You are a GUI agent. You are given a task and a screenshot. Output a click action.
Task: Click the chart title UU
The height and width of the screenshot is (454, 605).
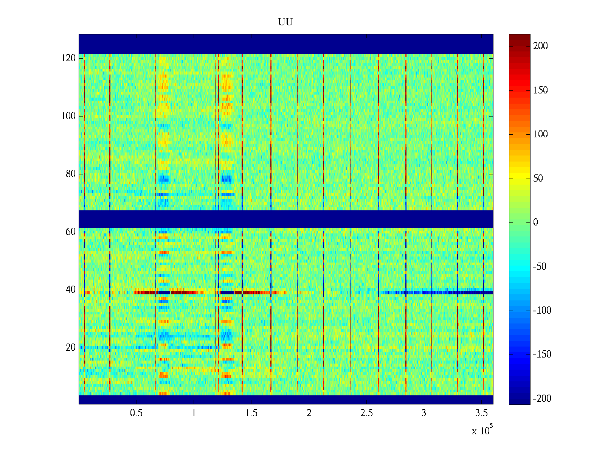click(285, 22)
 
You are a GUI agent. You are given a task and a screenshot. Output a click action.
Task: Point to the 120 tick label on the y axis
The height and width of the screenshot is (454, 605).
click(68, 58)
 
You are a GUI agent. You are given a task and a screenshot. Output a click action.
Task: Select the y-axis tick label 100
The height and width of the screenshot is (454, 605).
click(68, 116)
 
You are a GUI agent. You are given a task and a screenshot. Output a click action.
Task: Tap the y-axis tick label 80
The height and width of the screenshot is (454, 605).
click(70, 174)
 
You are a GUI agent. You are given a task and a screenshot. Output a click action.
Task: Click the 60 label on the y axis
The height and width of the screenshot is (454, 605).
click(70, 232)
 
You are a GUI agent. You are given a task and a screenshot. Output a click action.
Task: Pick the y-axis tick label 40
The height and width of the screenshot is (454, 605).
click(70, 290)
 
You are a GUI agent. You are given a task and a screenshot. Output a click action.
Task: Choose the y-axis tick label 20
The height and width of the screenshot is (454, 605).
click(70, 348)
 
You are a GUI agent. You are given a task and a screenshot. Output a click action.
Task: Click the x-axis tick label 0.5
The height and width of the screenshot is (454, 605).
click(136, 413)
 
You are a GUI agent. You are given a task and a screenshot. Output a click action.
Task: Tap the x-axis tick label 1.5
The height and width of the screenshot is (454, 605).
click(251, 413)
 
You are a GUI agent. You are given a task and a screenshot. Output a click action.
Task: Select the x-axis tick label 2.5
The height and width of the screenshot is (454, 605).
click(366, 413)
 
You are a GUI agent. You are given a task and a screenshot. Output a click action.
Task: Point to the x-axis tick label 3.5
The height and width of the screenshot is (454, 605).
click(481, 413)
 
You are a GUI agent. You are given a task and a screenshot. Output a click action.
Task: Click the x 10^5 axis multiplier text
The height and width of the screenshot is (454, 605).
click(482, 430)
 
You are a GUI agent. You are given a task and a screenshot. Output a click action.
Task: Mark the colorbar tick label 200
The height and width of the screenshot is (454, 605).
click(540, 46)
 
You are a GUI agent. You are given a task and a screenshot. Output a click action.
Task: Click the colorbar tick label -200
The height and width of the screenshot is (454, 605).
click(542, 399)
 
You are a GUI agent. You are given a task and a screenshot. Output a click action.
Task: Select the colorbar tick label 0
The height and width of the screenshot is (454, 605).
click(535, 222)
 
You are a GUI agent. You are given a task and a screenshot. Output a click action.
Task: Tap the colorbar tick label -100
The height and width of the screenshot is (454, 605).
click(542, 311)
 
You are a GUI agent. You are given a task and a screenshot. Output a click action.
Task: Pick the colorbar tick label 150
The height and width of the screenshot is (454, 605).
click(540, 90)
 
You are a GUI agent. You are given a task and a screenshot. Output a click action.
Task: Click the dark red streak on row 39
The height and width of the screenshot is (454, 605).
click(181, 292)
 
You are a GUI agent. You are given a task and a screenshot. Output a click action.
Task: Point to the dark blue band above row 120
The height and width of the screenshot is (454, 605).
click(286, 44)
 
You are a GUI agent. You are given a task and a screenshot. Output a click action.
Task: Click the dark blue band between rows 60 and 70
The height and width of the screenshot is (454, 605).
click(286, 219)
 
